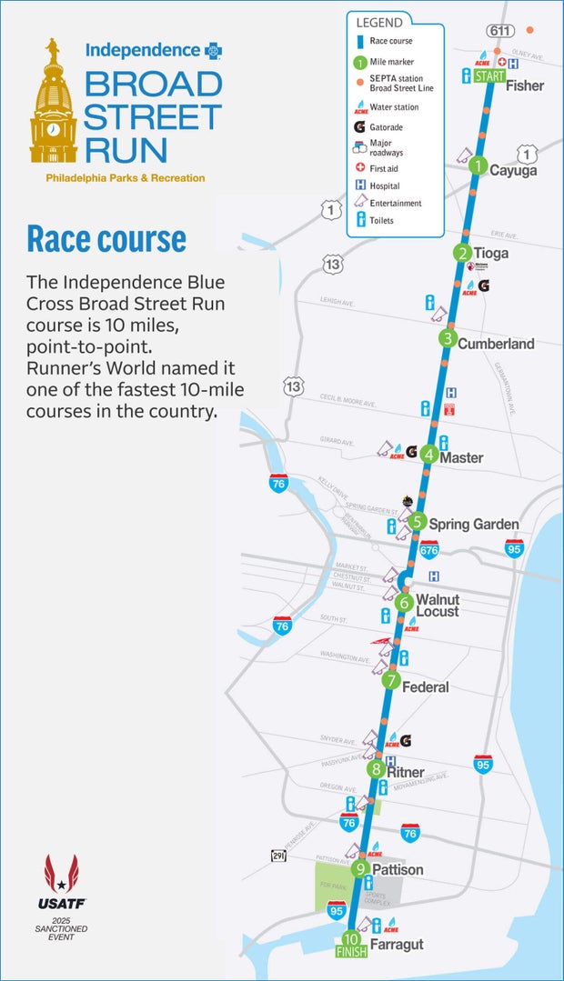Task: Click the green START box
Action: click(x=488, y=76)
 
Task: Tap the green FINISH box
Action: click(x=350, y=953)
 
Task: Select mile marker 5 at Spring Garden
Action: click(x=417, y=522)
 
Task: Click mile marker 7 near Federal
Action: click(x=391, y=680)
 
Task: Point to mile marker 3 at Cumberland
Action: click(x=447, y=339)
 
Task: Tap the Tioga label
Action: click(x=491, y=253)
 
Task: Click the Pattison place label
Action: click(x=398, y=870)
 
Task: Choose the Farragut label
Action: click(x=397, y=945)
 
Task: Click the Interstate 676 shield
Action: click(x=428, y=549)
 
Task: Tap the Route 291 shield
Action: click(x=279, y=856)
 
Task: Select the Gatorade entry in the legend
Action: click(x=386, y=127)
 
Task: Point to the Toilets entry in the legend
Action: click(x=381, y=220)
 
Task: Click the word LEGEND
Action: click(x=380, y=23)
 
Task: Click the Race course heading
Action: click(x=106, y=238)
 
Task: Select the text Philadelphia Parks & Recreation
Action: click(x=126, y=178)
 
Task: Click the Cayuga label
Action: click(x=513, y=171)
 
